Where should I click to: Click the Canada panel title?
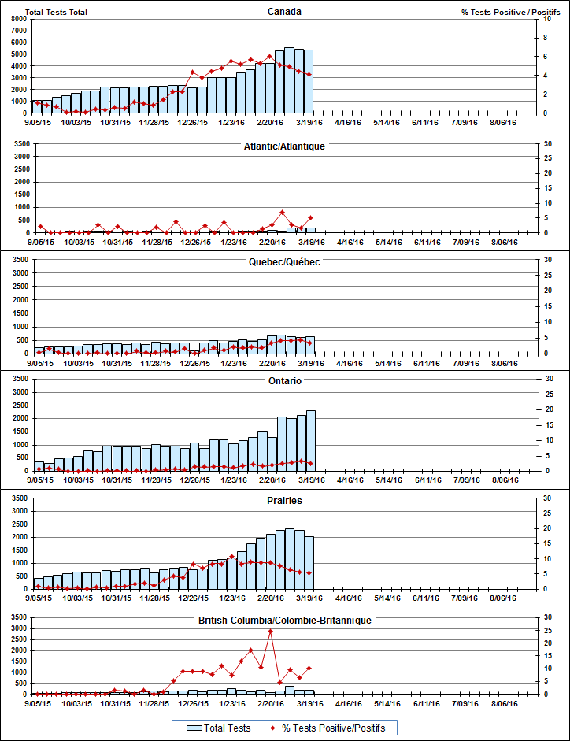(x=284, y=12)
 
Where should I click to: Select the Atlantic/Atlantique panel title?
(x=284, y=146)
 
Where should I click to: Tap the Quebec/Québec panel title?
(x=284, y=261)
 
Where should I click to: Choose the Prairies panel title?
(x=284, y=500)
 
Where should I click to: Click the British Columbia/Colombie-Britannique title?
(x=284, y=621)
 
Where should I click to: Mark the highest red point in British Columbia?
(x=270, y=632)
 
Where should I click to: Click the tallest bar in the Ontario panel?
(x=310, y=440)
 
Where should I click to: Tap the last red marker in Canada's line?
(x=309, y=75)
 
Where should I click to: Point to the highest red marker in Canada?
(x=270, y=56)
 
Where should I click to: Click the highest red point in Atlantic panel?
(x=282, y=212)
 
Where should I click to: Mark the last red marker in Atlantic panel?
(x=310, y=217)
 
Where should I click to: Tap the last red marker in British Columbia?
(x=309, y=668)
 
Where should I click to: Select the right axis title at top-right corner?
(x=510, y=12)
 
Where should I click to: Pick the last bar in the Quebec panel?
(x=309, y=345)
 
